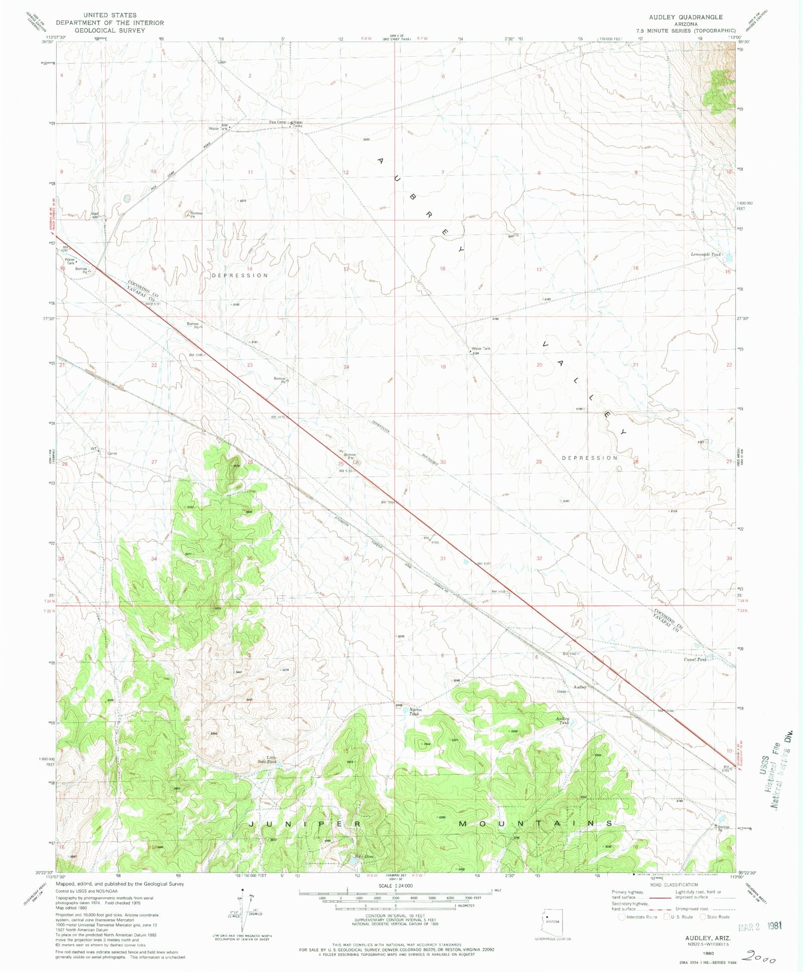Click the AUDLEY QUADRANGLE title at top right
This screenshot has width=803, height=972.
pos(686,17)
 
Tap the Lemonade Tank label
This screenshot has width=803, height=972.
pos(706,255)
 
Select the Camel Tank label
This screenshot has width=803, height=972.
pos(695,659)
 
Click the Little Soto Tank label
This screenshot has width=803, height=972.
pos(271,760)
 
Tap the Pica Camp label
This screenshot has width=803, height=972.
pos(277,122)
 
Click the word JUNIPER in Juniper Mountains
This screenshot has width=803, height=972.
pos(305,824)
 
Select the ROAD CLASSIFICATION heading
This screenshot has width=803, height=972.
pos(674,885)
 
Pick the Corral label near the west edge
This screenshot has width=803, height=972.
pos(112,453)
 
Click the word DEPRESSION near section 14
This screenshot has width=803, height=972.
pos(239,275)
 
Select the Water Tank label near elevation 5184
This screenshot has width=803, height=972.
pos(481,348)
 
